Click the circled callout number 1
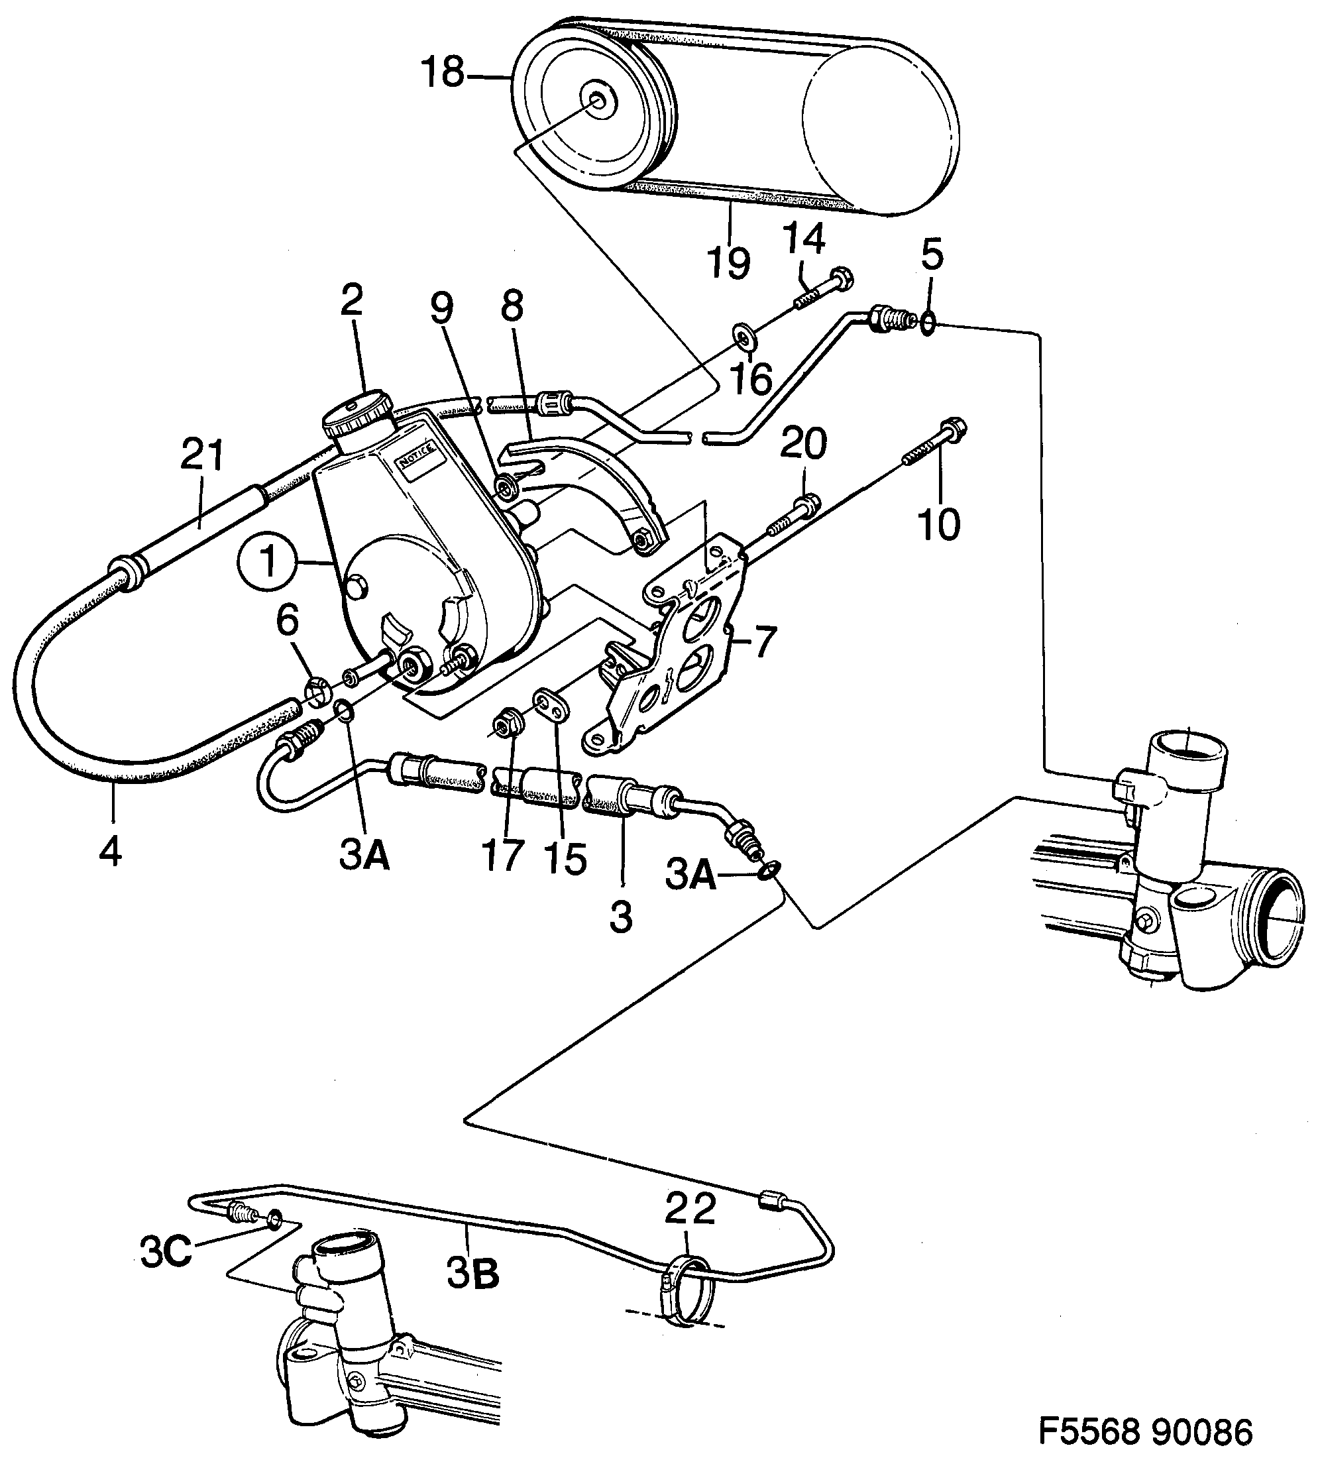pos(269,562)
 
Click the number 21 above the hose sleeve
pos(202,456)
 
